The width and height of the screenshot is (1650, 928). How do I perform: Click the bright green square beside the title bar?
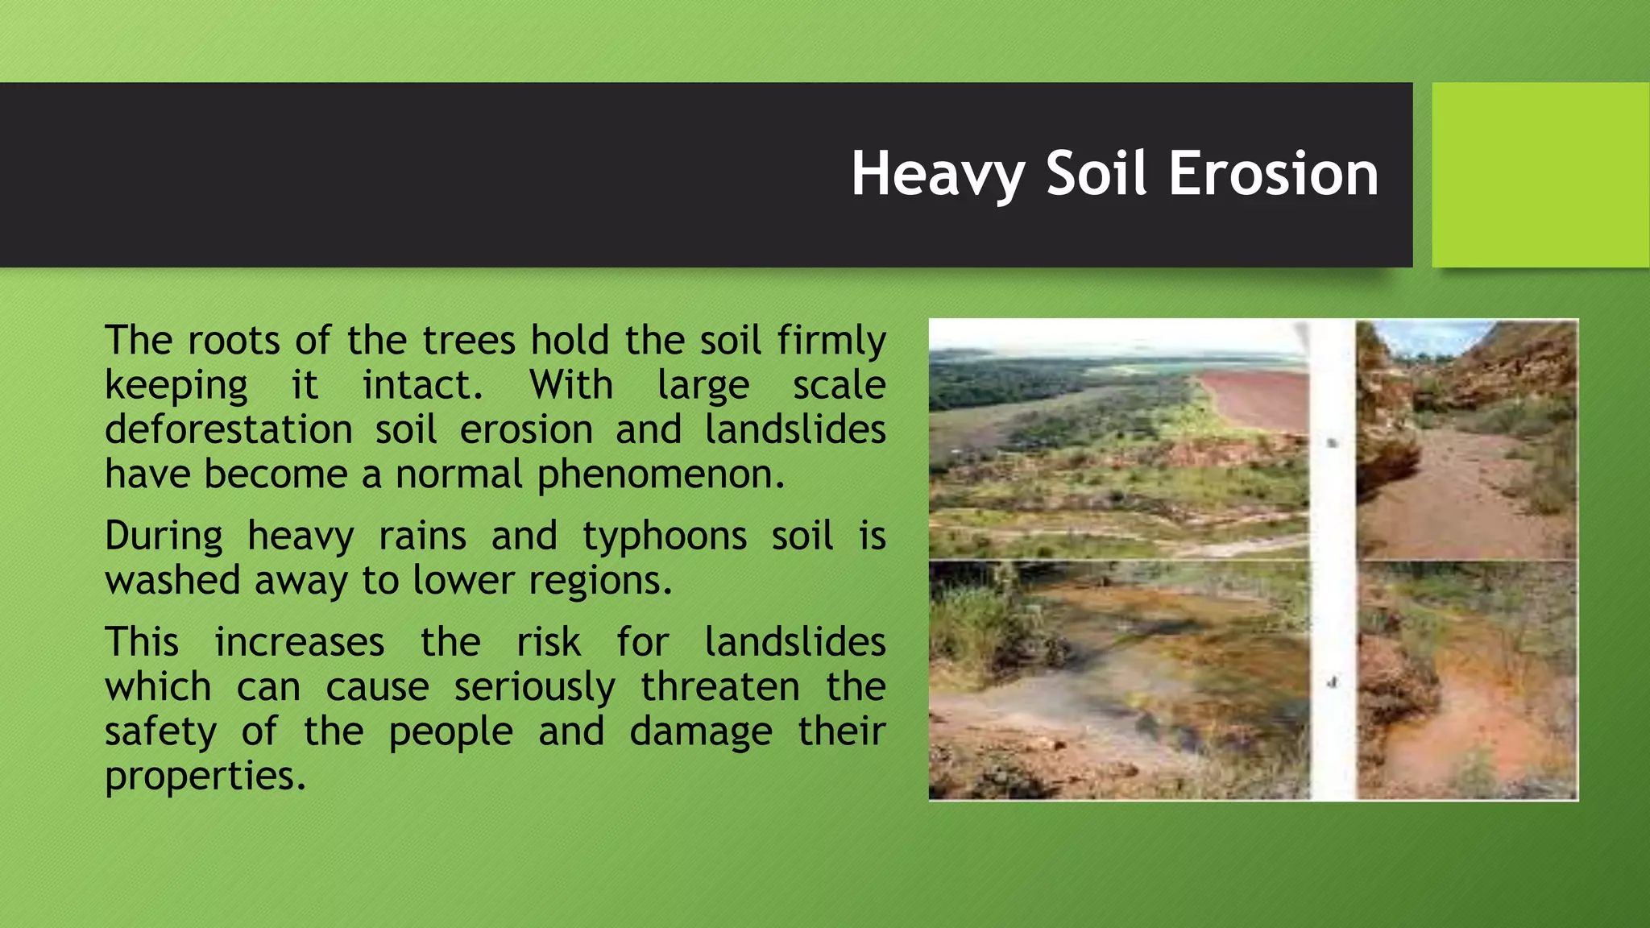[1540, 174]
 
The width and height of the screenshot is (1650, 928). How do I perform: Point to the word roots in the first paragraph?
[234, 340]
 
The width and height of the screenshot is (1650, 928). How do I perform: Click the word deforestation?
[229, 429]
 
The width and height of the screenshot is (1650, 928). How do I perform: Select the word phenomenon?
[661, 474]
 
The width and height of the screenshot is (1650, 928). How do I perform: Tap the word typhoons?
[665, 536]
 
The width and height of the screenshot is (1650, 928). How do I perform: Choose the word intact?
[422, 384]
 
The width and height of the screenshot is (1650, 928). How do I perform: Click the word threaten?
[720, 686]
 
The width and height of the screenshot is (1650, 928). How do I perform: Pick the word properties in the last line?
[205, 777]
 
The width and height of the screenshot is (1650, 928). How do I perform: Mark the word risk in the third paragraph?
[548, 642]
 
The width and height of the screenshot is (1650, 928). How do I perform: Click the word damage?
[701, 731]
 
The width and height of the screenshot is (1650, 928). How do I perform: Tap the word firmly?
[831, 340]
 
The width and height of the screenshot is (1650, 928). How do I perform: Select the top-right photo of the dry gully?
[1466, 439]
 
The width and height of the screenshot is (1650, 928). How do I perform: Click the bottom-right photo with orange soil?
[1466, 681]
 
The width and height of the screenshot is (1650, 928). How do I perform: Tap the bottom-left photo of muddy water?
[1118, 681]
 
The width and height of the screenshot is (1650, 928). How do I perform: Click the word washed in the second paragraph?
[172, 581]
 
